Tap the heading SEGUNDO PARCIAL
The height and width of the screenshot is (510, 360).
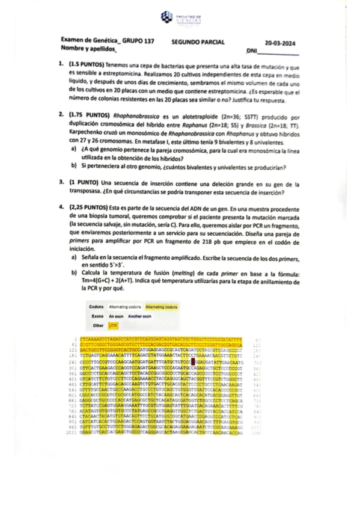point(198,42)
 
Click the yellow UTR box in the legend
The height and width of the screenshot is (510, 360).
point(113,325)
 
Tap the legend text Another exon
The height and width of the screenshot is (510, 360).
point(139,316)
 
